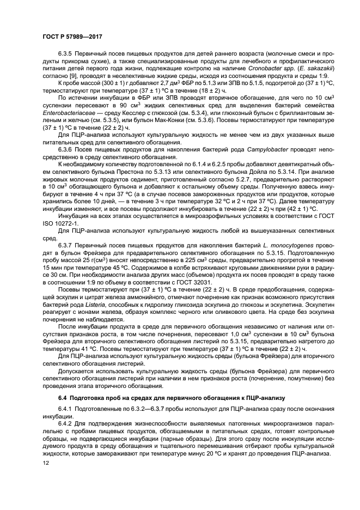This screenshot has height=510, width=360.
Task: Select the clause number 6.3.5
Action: tap(66, 54)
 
